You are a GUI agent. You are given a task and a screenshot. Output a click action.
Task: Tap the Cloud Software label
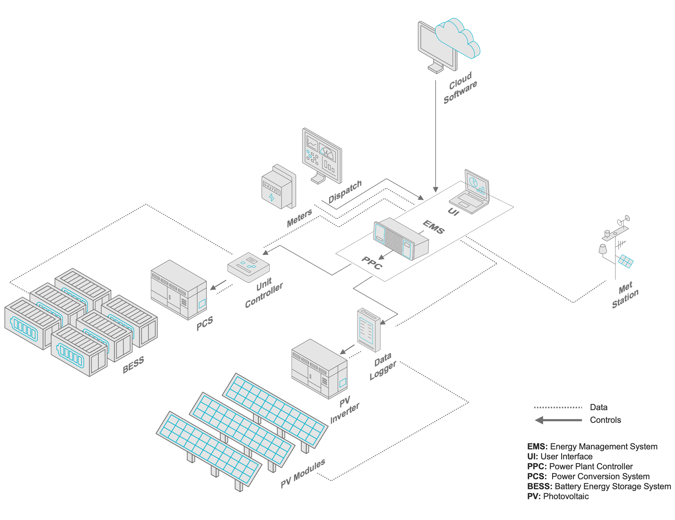460,88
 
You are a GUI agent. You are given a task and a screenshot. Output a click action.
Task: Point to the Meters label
299,218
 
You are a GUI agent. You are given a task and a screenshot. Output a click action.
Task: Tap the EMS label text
433,227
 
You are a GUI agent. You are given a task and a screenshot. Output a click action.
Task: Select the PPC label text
372,263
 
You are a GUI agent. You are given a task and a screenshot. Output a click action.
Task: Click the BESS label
133,364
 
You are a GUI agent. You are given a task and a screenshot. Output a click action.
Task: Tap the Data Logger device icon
369,330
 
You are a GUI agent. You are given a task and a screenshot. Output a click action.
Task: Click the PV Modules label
303,473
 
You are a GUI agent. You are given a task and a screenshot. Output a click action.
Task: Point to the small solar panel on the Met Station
625,261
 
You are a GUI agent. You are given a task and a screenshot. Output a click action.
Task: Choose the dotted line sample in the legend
558,407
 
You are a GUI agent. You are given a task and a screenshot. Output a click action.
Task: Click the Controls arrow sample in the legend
558,420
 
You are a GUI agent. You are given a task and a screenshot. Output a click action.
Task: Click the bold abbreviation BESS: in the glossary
539,486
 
